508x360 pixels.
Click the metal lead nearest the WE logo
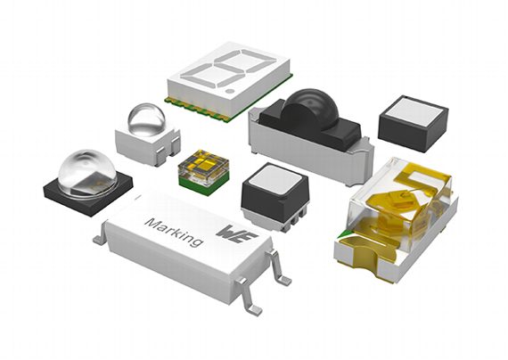click(278, 264)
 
